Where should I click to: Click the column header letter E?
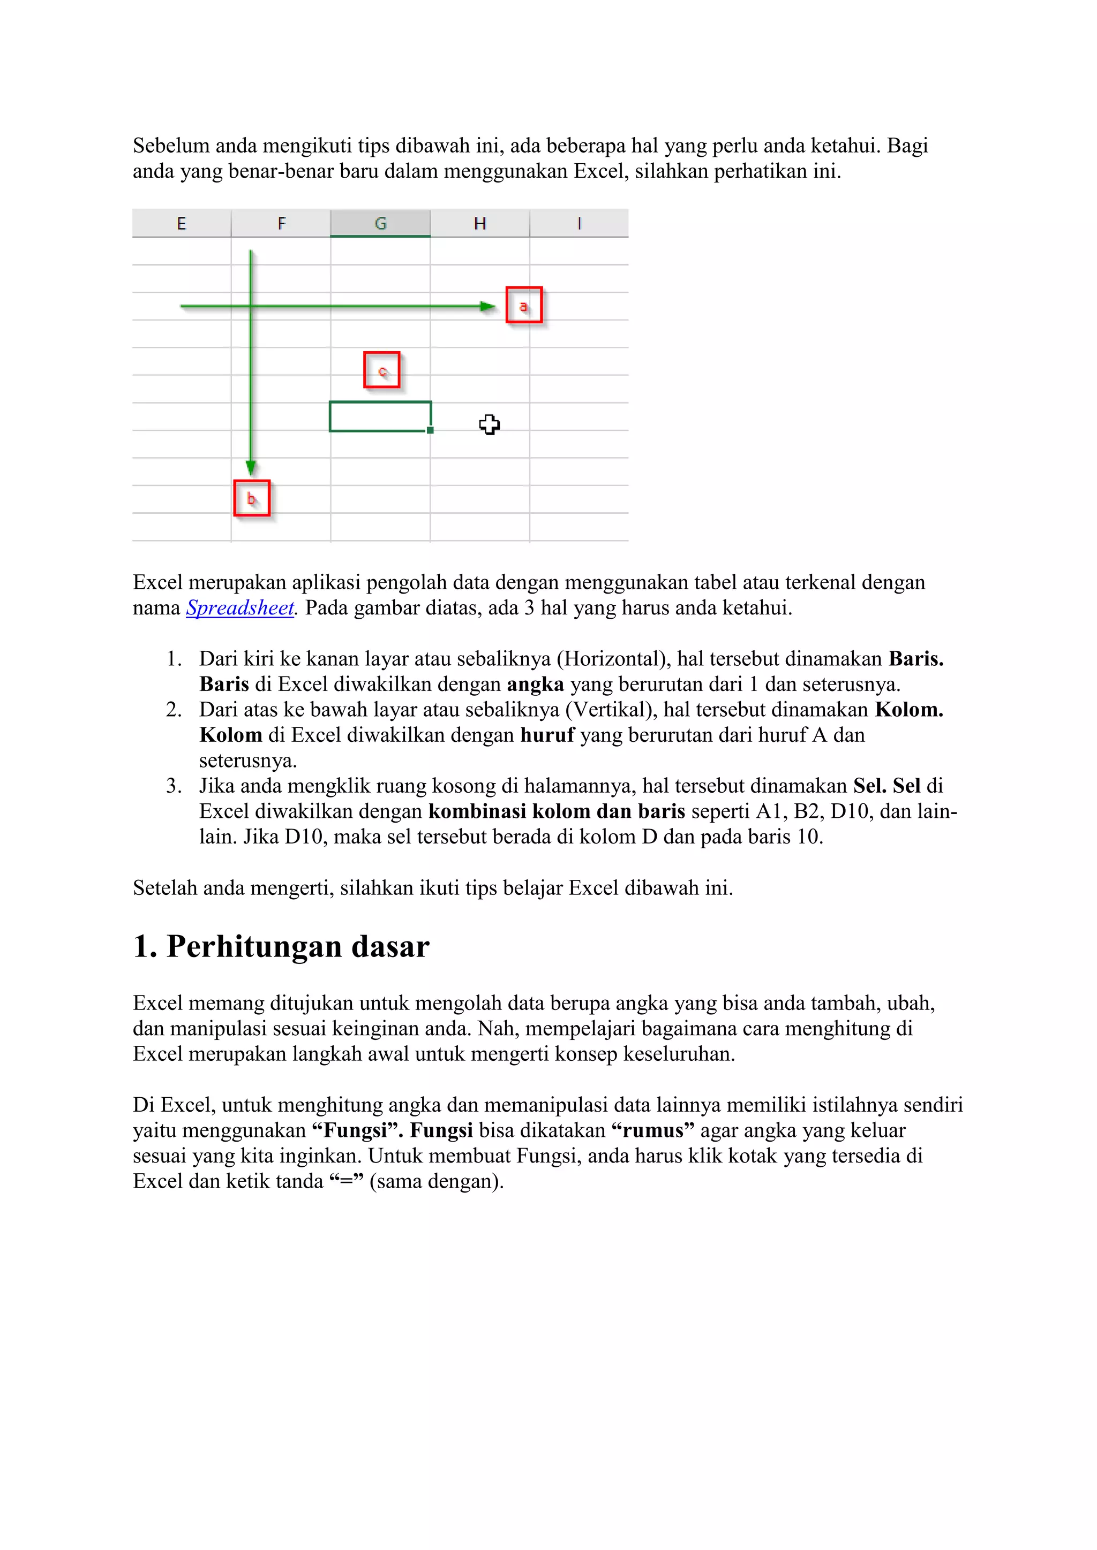(181, 223)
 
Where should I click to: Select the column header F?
(281, 223)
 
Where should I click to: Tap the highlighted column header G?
(380, 223)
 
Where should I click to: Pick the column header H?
(479, 223)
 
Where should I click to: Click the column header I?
(579, 223)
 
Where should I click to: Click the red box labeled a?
(523, 305)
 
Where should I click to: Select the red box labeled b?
(252, 498)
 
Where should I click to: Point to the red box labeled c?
(382, 370)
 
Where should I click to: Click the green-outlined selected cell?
(380, 416)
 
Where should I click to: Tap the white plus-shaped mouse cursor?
(489, 424)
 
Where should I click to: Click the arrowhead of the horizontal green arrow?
(488, 307)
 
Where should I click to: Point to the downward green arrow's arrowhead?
(251, 467)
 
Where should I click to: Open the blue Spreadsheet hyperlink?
(240, 607)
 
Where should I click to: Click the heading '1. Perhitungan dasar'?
(281, 946)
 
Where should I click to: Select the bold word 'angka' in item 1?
(535, 685)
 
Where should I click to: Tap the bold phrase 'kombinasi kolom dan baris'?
(557, 811)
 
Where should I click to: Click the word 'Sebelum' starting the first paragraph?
(171, 146)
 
